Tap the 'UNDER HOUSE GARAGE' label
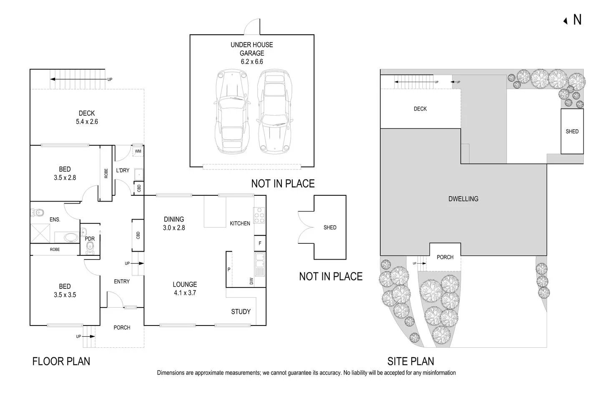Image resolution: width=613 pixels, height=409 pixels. pos(252,49)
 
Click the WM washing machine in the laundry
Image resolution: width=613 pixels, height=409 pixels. pos(138,151)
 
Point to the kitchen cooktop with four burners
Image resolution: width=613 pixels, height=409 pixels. pos(259,215)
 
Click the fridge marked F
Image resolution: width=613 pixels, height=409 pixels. pos(260,243)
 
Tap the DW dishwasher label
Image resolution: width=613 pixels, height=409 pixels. pos(251,281)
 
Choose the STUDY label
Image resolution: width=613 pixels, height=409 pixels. pos(241,312)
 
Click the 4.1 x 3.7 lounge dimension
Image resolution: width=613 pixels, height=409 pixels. pos(185,293)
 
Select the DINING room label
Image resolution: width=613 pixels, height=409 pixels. pos(174,219)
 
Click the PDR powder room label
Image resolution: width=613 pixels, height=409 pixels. pos(90,239)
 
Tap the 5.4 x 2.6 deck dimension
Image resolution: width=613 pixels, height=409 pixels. pos(87,122)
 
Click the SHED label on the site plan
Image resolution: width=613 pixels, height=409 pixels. pos(572,131)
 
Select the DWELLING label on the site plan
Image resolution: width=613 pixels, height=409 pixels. pos(463,199)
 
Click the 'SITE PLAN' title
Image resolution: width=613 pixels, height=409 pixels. pos(411,361)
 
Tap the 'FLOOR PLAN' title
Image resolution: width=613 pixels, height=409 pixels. pos(61,361)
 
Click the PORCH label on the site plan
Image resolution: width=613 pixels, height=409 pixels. pos(445,257)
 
